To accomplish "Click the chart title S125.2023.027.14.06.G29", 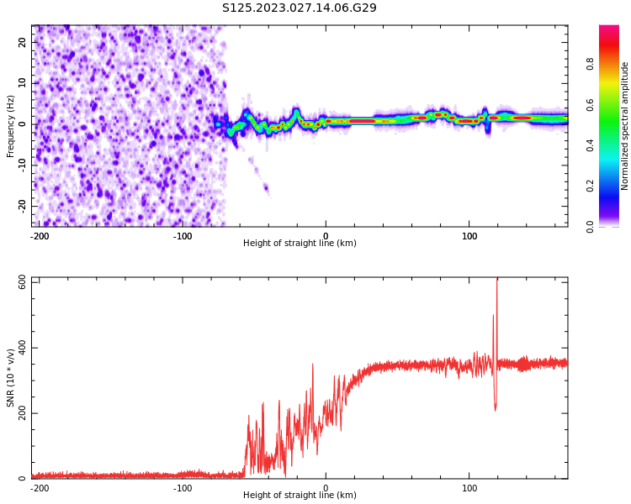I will [x=299, y=8].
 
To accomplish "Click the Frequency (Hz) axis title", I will [x=11, y=126].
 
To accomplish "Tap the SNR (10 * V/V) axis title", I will [x=11, y=377].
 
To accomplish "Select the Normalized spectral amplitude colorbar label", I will [x=625, y=126].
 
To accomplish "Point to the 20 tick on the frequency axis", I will [x=23, y=42].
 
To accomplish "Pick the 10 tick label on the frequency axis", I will [x=23, y=83].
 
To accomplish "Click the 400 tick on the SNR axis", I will [x=18, y=348].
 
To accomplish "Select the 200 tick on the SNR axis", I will [x=18, y=413].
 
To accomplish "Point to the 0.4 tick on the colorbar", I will [x=613, y=144].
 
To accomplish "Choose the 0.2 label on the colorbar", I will [x=613, y=186].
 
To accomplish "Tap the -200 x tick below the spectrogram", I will [x=39, y=234].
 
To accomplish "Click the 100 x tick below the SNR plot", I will [x=469, y=486].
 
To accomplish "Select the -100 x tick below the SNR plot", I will [x=183, y=486].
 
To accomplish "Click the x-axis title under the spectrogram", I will [x=300, y=244].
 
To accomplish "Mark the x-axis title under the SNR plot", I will [x=300, y=496].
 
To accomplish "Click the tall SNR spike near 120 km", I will [x=496, y=294].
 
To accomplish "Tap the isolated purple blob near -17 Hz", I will [x=266, y=189].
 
